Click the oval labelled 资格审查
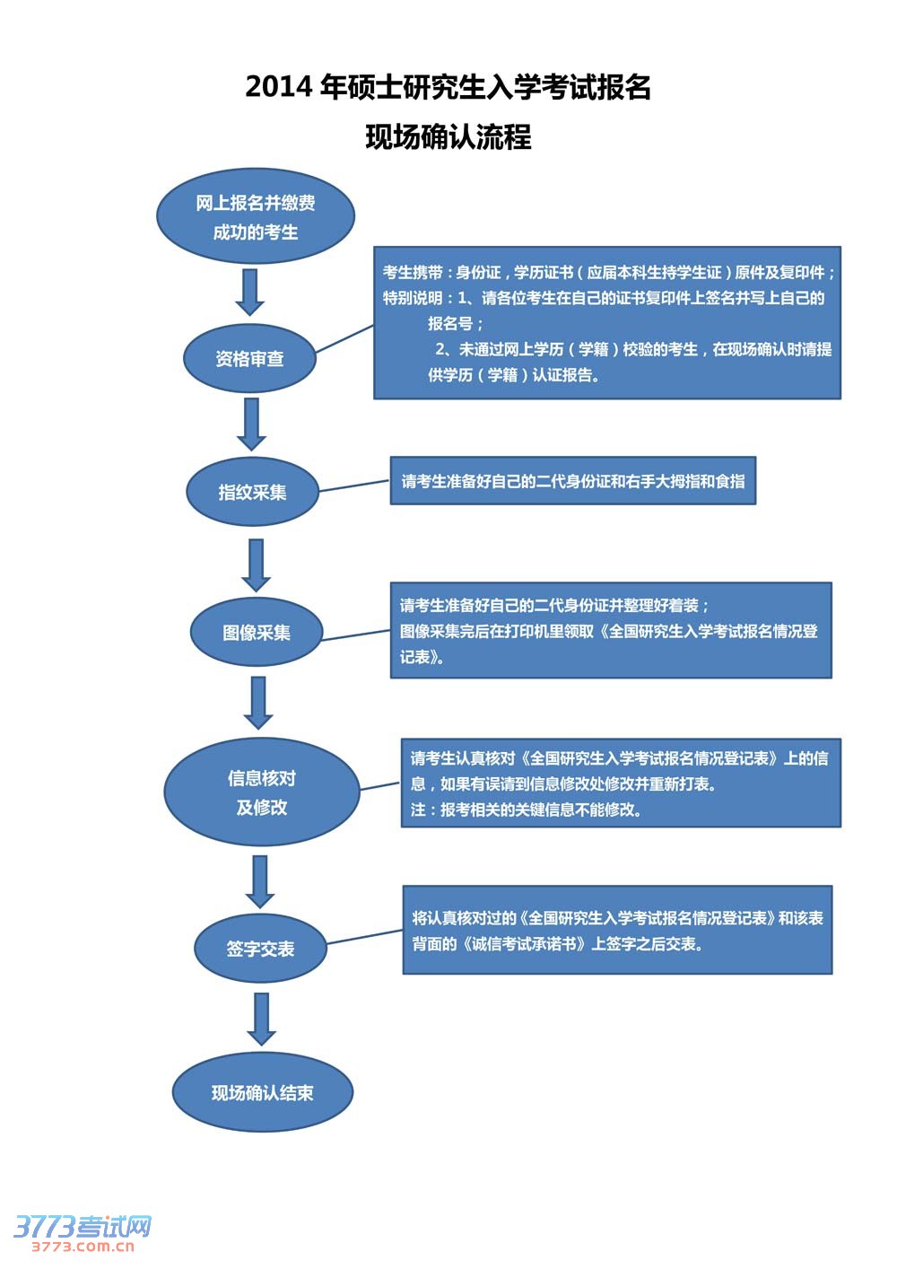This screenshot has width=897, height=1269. pos(249,359)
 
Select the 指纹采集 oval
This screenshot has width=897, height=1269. pos(252,492)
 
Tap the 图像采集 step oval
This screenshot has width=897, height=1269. pos(257,632)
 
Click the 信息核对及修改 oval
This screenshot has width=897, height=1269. pos(261,792)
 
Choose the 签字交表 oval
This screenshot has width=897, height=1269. pos(260,949)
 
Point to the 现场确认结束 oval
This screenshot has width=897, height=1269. pos(262,1092)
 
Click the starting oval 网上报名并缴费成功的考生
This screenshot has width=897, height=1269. pos(256,216)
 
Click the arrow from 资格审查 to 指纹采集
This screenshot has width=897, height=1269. pos(251,424)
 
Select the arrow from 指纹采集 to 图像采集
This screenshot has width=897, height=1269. pos(257,564)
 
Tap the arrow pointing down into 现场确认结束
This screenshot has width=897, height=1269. pos(261,1019)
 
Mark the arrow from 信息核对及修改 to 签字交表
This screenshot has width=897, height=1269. pos(260,881)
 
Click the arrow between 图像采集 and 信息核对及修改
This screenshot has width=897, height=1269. pos(258,703)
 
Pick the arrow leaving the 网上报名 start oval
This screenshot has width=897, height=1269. pos(250,292)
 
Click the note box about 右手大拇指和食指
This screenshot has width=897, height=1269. pos(572,481)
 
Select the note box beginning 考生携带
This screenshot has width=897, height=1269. pos(606,322)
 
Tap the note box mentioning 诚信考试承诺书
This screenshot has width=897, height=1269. pos(617,930)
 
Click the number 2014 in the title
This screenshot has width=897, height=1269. pos(279,87)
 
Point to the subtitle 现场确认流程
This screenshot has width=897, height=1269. pos(448,137)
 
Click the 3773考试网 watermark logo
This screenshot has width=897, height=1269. pos(82,1232)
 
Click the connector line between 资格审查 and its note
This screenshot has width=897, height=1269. pos(344,339)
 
